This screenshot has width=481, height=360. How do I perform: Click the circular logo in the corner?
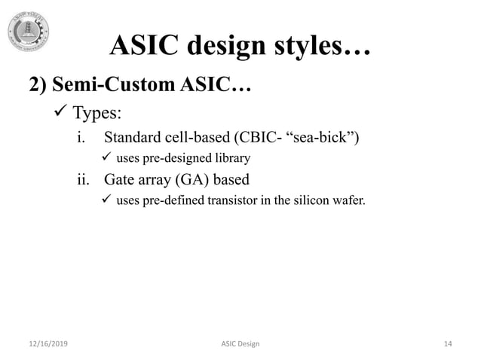pos(29,32)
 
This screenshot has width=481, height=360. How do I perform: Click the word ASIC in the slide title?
pos(141,47)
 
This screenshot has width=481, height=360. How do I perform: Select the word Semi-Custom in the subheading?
pos(115,85)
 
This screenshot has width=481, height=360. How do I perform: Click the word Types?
pos(96,113)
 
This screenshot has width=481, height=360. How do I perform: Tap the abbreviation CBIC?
pos(261,138)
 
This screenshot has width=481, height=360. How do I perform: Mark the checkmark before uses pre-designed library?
pos(106,158)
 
